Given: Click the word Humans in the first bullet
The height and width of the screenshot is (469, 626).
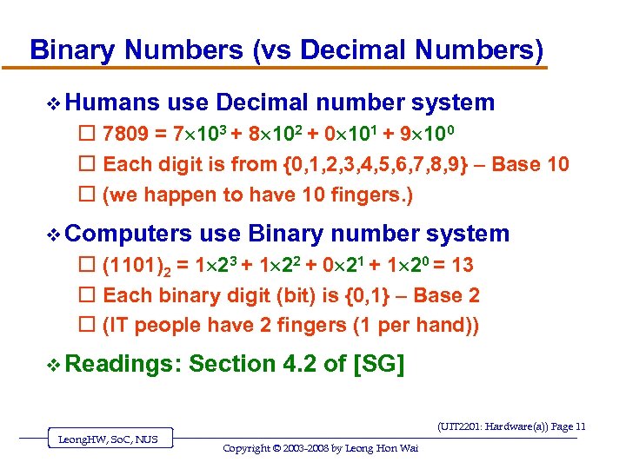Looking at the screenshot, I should pos(111,103).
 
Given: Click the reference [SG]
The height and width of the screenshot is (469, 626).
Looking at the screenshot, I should pos(380,365).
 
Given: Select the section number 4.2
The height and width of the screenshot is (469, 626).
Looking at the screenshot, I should pos(300,365).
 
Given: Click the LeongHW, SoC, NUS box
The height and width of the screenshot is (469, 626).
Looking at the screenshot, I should pos(109,439).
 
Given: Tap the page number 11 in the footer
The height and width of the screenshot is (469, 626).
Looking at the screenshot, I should pos(580,426).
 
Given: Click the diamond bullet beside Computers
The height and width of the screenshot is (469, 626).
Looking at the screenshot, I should pos(54,234).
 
